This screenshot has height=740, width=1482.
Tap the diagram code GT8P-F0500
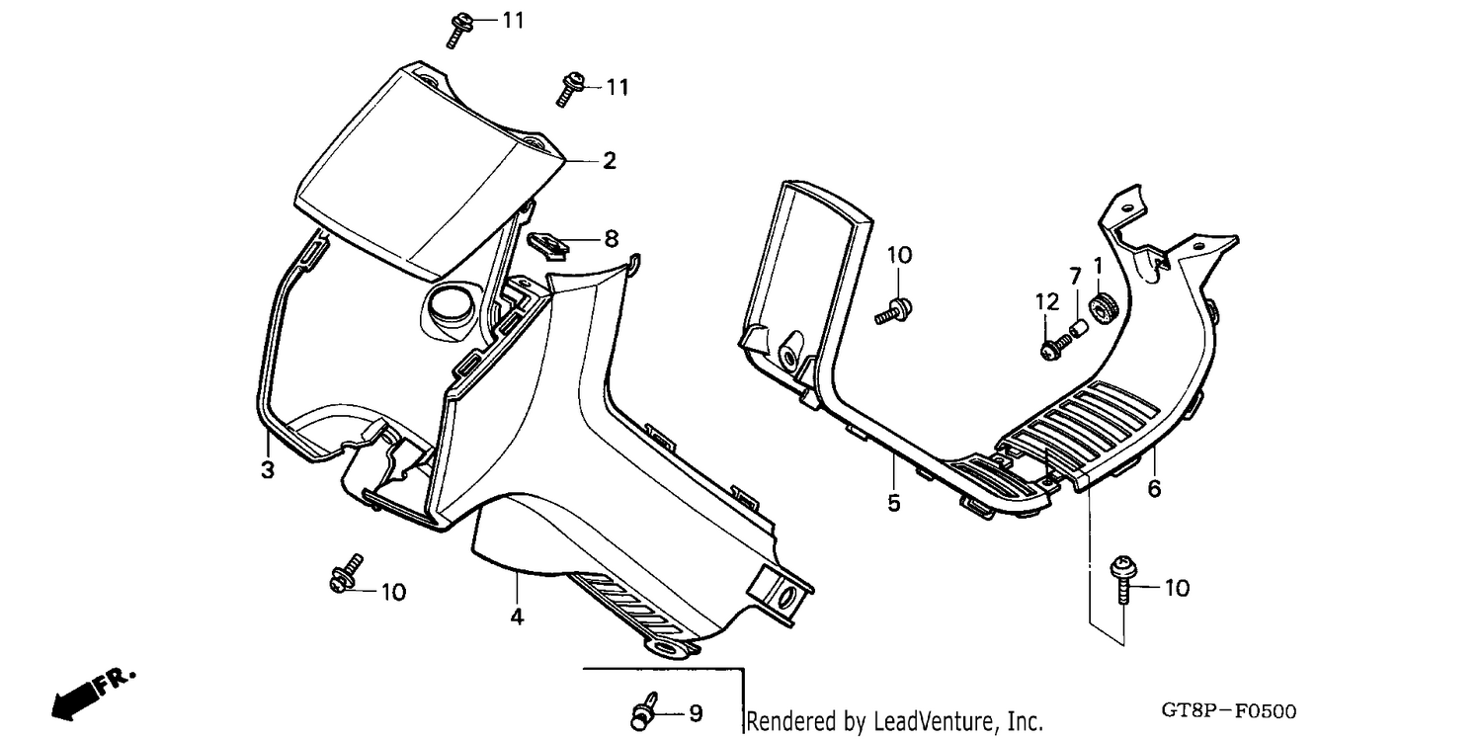tap(1229, 711)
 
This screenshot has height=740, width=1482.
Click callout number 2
tap(610, 161)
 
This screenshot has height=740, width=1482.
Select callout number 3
tap(268, 470)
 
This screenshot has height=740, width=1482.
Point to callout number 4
tap(518, 617)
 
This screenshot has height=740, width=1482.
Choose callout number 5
tap(894, 503)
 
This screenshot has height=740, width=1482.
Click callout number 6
tap(1154, 489)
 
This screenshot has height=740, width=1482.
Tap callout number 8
tap(612, 239)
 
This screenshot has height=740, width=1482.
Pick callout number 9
tap(696, 713)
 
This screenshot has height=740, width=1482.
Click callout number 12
tap(1047, 302)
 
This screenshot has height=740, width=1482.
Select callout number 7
tap(1075, 276)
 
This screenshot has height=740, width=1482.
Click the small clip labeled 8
tap(548, 245)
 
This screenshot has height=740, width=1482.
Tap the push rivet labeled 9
tap(644, 711)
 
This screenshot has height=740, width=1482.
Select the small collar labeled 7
tap(1079, 328)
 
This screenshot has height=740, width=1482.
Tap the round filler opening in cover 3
tap(451, 305)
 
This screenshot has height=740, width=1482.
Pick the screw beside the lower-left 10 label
tap(346, 573)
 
